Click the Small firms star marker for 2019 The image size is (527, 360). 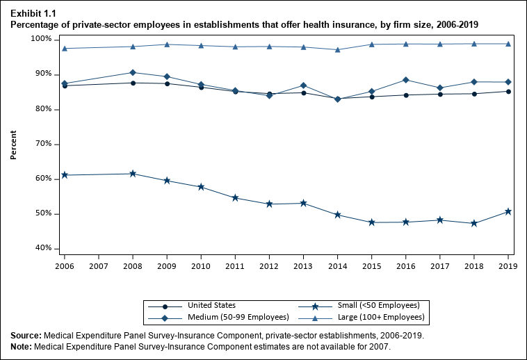pyautogui.click(x=508, y=211)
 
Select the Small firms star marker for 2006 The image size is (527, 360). pyautogui.click(x=65, y=175)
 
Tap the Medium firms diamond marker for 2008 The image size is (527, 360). pyautogui.click(x=133, y=72)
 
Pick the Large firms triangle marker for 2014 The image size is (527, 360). pyautogui.click(x=337, y=49)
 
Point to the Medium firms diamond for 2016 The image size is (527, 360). pyautogui.click(x=405, y=80)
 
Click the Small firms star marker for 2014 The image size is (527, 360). pyautogui.click(x=337, y=215)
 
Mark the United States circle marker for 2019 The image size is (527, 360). pyautogui.click(x=508, y=91)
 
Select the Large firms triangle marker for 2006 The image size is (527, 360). pyautogui.click(x=65, y=48)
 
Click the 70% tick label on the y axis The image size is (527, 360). pyautogui.click(x=42, y=144)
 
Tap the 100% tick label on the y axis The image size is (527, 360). pyautogui.click(x=41, y=40)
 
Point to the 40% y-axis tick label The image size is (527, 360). pyautogui.click(x=42, y=248)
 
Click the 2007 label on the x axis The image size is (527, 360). pyautogui.click(x=99, y=265)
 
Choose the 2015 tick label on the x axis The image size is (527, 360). pyautogui.click(x=371, y=265)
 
